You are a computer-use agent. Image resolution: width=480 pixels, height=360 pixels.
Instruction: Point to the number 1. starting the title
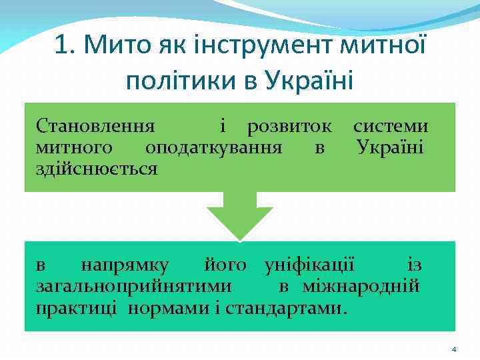[65, 46]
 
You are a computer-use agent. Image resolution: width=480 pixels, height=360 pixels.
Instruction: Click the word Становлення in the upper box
[95, 126]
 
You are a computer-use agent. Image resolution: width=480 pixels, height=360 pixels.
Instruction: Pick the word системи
[391, 126]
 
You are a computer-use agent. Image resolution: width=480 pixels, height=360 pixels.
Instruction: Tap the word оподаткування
[213, 146]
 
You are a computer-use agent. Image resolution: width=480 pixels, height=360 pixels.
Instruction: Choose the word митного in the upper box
[74, 146]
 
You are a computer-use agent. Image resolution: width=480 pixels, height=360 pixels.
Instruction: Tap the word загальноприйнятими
[134, 287]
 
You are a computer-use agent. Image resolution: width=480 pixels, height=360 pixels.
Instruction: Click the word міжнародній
[361, 287]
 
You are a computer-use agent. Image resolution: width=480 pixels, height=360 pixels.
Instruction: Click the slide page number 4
[453, 349]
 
